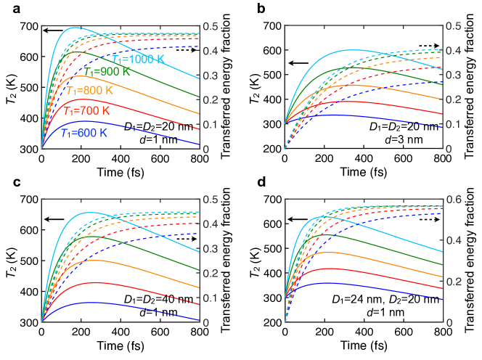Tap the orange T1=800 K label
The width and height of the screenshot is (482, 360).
91,91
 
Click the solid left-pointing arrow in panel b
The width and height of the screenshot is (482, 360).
300,63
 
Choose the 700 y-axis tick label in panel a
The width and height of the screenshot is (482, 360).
28,26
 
